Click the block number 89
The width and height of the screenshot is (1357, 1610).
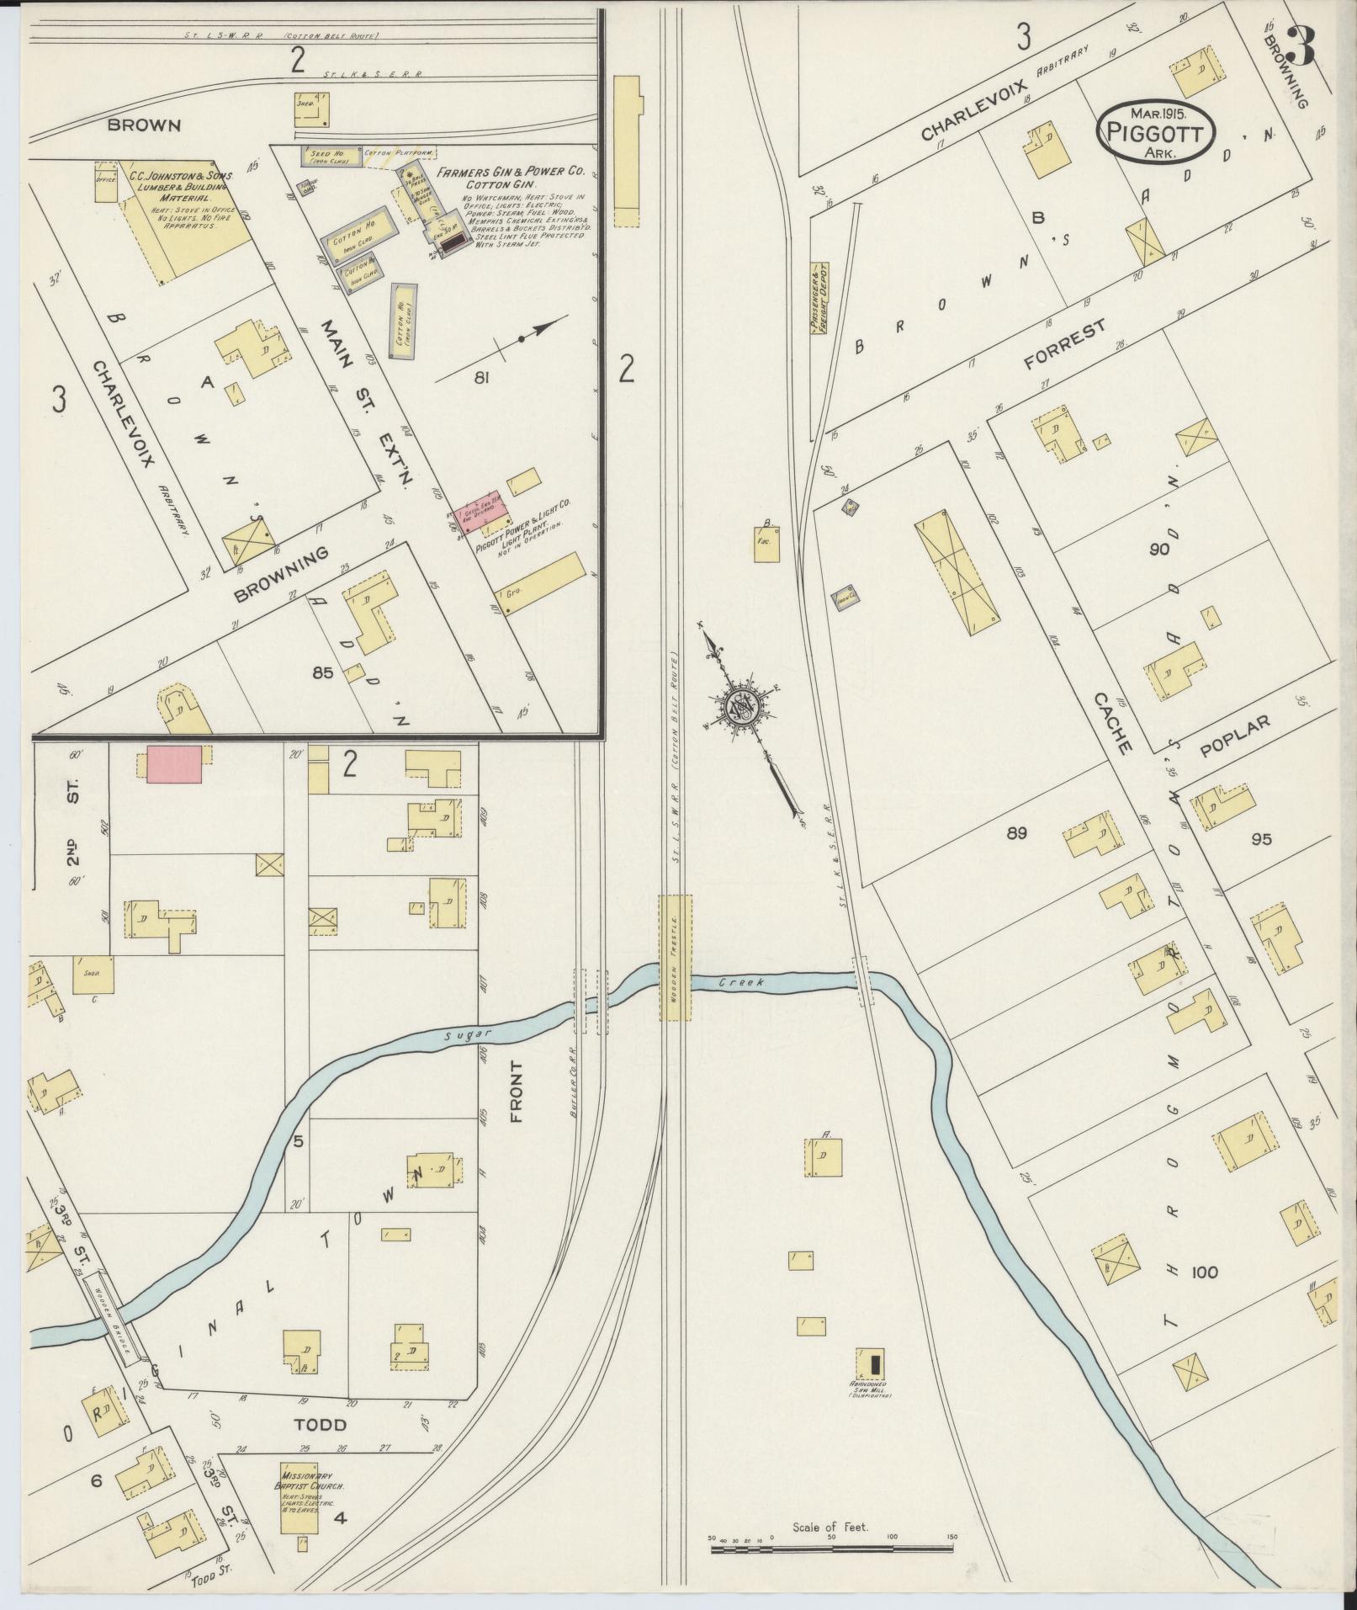coord(1015,833)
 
